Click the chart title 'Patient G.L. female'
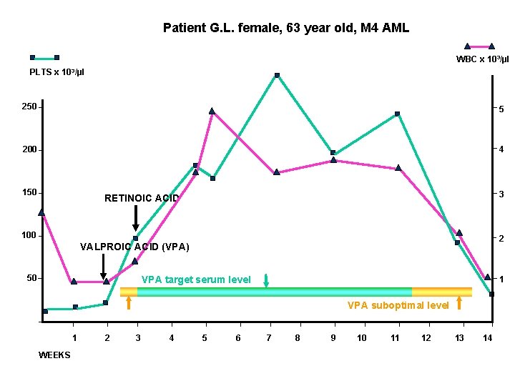tap(286, 28)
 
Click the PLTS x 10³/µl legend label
tap(57, 72)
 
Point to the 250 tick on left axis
tap(29, 107)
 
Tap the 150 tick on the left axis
tap(29, 193)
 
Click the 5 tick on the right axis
tap(501, 109)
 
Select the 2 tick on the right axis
tap(501, 238)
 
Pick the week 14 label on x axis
tap(488, 337)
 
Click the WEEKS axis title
tap(54, 355)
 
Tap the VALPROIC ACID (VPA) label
tap(134, 247)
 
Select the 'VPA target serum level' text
tap(196, 279)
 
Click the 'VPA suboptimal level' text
tap(398, 305)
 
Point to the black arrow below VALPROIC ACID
tap(104, 267)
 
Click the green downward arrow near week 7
tap(266, 280)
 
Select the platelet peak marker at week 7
tap(277, 75)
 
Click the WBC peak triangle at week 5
tap(212, 112)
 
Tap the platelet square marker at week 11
tap(397, 114)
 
